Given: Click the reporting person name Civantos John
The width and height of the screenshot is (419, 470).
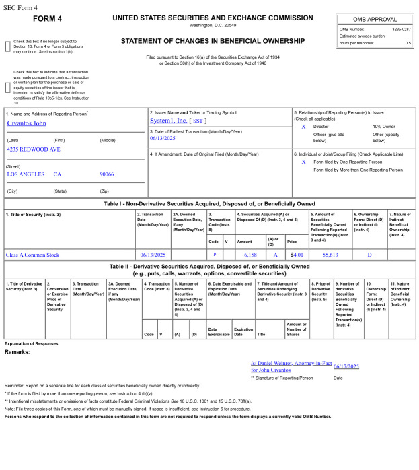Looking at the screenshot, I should (x=28, y=123).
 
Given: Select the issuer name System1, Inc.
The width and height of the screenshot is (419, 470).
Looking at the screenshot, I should (x=168, y=120).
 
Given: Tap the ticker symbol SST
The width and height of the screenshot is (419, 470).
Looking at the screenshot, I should (x=198, y=121).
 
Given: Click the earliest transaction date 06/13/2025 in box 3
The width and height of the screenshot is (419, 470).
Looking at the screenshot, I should (x=162, y=137).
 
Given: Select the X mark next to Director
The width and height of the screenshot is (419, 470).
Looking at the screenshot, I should (x=303, y=126).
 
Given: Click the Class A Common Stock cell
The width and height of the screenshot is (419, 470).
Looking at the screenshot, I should (x=32, y=255).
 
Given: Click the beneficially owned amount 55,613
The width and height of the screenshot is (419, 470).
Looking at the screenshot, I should (x=330, y=255).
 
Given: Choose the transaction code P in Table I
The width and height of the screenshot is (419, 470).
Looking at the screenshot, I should (x=214, y=255).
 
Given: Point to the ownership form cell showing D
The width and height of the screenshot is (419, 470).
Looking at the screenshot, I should (x=369, y=255).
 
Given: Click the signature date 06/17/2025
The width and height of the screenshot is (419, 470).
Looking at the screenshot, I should (x=346, y=366).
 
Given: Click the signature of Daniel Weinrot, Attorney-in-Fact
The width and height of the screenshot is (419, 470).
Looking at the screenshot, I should (x=291, y=366).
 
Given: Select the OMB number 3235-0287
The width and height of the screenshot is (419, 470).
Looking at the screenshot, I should (x=401, y=29).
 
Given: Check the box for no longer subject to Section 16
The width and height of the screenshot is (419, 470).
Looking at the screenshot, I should (x=8, y=46).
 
